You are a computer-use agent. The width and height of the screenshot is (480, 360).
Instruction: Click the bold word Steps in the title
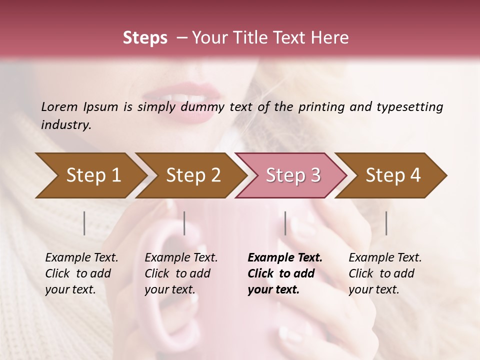click(145, 38)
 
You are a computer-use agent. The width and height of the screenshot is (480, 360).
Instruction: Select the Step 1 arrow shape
click(90, 175)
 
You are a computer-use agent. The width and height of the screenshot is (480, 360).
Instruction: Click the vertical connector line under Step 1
click(84, 223)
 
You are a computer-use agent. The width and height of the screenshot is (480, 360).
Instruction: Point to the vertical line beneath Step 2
click(184, 223)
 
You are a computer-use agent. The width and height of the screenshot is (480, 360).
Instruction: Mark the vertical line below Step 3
click(285, 223)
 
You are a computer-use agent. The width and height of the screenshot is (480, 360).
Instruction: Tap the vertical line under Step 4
click(386, 223)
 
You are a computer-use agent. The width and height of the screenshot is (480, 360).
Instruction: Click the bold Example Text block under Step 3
click(285, 273)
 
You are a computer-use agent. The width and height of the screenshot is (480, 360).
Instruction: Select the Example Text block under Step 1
click(81, 273)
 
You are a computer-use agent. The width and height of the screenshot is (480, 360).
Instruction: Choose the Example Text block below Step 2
click(181, 273)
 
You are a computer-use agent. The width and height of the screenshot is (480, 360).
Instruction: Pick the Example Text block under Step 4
click(385, 273)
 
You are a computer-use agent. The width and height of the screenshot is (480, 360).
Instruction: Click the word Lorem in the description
click(59, 107)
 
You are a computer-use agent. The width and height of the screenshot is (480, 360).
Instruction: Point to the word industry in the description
click(66, 125)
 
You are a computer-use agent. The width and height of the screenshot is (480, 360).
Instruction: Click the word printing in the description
click(320, 107)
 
